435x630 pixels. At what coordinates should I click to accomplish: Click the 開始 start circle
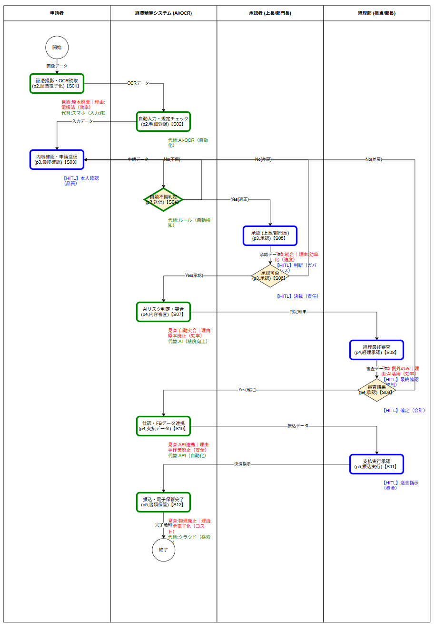tap(57, 48)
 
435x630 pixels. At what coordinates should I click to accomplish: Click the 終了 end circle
tap(163, 550)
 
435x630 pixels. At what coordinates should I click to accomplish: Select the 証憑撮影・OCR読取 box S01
tap(57, 83)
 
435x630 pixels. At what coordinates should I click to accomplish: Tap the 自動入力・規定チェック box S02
tap(163, 121)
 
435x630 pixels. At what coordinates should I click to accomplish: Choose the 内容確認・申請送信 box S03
tap(57, 159)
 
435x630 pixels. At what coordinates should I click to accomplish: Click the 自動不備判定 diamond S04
tap(163, 200)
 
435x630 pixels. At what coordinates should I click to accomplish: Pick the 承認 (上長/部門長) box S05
tap(270, 236)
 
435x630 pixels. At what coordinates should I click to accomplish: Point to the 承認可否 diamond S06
tap(270, 276)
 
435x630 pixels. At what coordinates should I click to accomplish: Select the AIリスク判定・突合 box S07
tap(163, 312)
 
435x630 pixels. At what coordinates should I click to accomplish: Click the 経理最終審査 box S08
tap(376, 350)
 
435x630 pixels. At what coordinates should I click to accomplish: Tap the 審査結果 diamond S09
tap(376, 390)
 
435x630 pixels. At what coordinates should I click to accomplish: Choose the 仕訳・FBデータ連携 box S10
tap(163, 426)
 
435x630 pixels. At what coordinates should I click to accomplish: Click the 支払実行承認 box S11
tap(376, 464)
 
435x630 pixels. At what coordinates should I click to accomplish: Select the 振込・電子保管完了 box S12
tap(163, 502)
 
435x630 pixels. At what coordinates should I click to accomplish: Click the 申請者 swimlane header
tap(57, 13)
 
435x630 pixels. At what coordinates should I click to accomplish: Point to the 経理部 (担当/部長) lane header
tap(376, 13)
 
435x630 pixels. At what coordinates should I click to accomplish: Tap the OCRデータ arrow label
tap(138, 83)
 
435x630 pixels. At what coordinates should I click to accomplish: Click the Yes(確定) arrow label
tap(247, 390)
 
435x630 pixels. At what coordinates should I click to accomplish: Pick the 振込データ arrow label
tap(298, 426)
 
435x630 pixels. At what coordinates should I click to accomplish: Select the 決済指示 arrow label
tap(242, 464)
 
